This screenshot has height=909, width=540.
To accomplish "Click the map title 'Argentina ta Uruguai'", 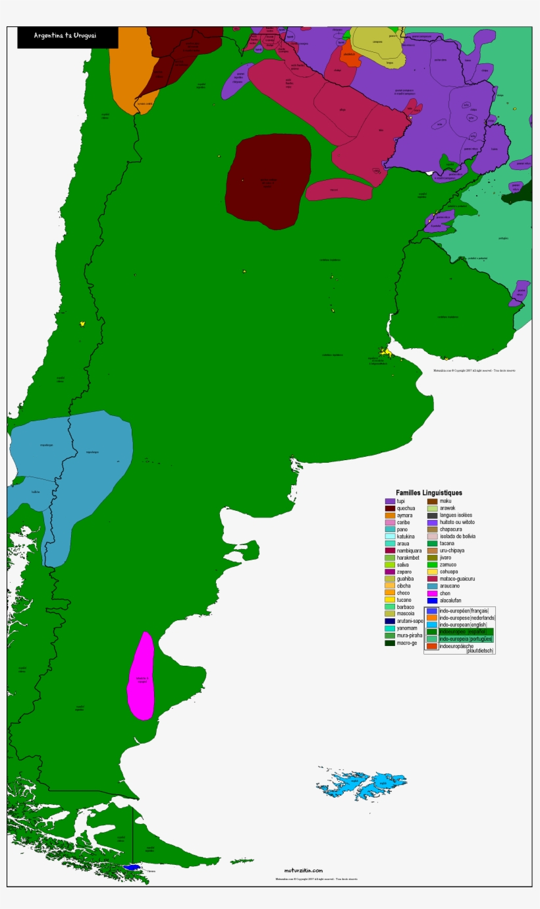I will (x=65, y=36).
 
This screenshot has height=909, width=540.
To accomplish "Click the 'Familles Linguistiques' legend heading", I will (x=429, y=492).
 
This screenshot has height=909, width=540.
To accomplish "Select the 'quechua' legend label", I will (x=406, y=508).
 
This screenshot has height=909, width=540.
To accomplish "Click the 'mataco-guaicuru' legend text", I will (x=457, y=579).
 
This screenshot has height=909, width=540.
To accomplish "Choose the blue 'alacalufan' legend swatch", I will (x=432, y=601).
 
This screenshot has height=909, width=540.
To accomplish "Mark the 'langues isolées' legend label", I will (x=456, y=515).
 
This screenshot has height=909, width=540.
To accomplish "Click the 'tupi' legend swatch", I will (x=390, y=502).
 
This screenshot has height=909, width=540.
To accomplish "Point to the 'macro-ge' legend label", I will (x=408, y=643).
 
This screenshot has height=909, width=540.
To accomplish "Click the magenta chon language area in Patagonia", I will (x=141, y=676).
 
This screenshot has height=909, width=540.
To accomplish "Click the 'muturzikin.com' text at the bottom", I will (x=303, y=871).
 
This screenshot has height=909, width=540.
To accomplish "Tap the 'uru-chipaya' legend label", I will (x=452, y=550).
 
